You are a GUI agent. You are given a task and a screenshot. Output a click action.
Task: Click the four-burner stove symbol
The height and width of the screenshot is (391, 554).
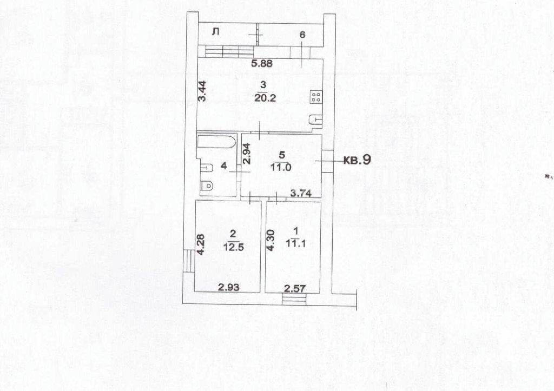click(316, 97)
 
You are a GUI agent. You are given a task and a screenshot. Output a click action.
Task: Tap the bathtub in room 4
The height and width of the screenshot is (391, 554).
click(216, 142)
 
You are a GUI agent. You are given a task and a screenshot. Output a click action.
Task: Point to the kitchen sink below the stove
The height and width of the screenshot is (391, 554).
click(316, 120)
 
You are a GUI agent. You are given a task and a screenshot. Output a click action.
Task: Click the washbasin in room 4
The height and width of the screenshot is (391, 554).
click(206, 168)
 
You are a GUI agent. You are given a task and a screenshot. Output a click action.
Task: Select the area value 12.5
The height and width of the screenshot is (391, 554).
click(234, 247)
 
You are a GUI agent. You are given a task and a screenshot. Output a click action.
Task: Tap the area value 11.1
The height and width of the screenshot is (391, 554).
click(296, 244)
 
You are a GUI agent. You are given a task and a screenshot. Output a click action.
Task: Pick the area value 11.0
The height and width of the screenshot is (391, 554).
click(281, 167)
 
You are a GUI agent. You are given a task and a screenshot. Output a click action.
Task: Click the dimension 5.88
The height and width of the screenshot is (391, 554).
click(262, 64)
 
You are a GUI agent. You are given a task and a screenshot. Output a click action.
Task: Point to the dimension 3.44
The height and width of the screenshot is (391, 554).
click(202, 91)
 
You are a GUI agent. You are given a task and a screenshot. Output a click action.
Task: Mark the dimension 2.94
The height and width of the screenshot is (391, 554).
click(247, 154)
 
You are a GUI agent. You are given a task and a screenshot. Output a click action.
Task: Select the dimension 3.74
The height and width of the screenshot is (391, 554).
click(301, 193)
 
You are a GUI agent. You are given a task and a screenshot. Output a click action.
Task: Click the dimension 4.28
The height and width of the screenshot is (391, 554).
click(201, 245)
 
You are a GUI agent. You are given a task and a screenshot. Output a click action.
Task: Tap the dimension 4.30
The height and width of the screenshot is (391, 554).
click(271, 241)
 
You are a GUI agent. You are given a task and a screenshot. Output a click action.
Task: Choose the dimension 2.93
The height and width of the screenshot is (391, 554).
click(229, 288)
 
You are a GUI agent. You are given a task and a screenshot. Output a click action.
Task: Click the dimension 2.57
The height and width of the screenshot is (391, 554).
click(295, 289)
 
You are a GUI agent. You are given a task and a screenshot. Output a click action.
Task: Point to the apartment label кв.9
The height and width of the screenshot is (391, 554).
click(357, 160)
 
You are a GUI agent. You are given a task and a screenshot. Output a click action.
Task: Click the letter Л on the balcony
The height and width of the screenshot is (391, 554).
click(215, 32)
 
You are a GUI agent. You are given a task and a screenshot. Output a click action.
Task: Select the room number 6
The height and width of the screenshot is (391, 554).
click(302, 35)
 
